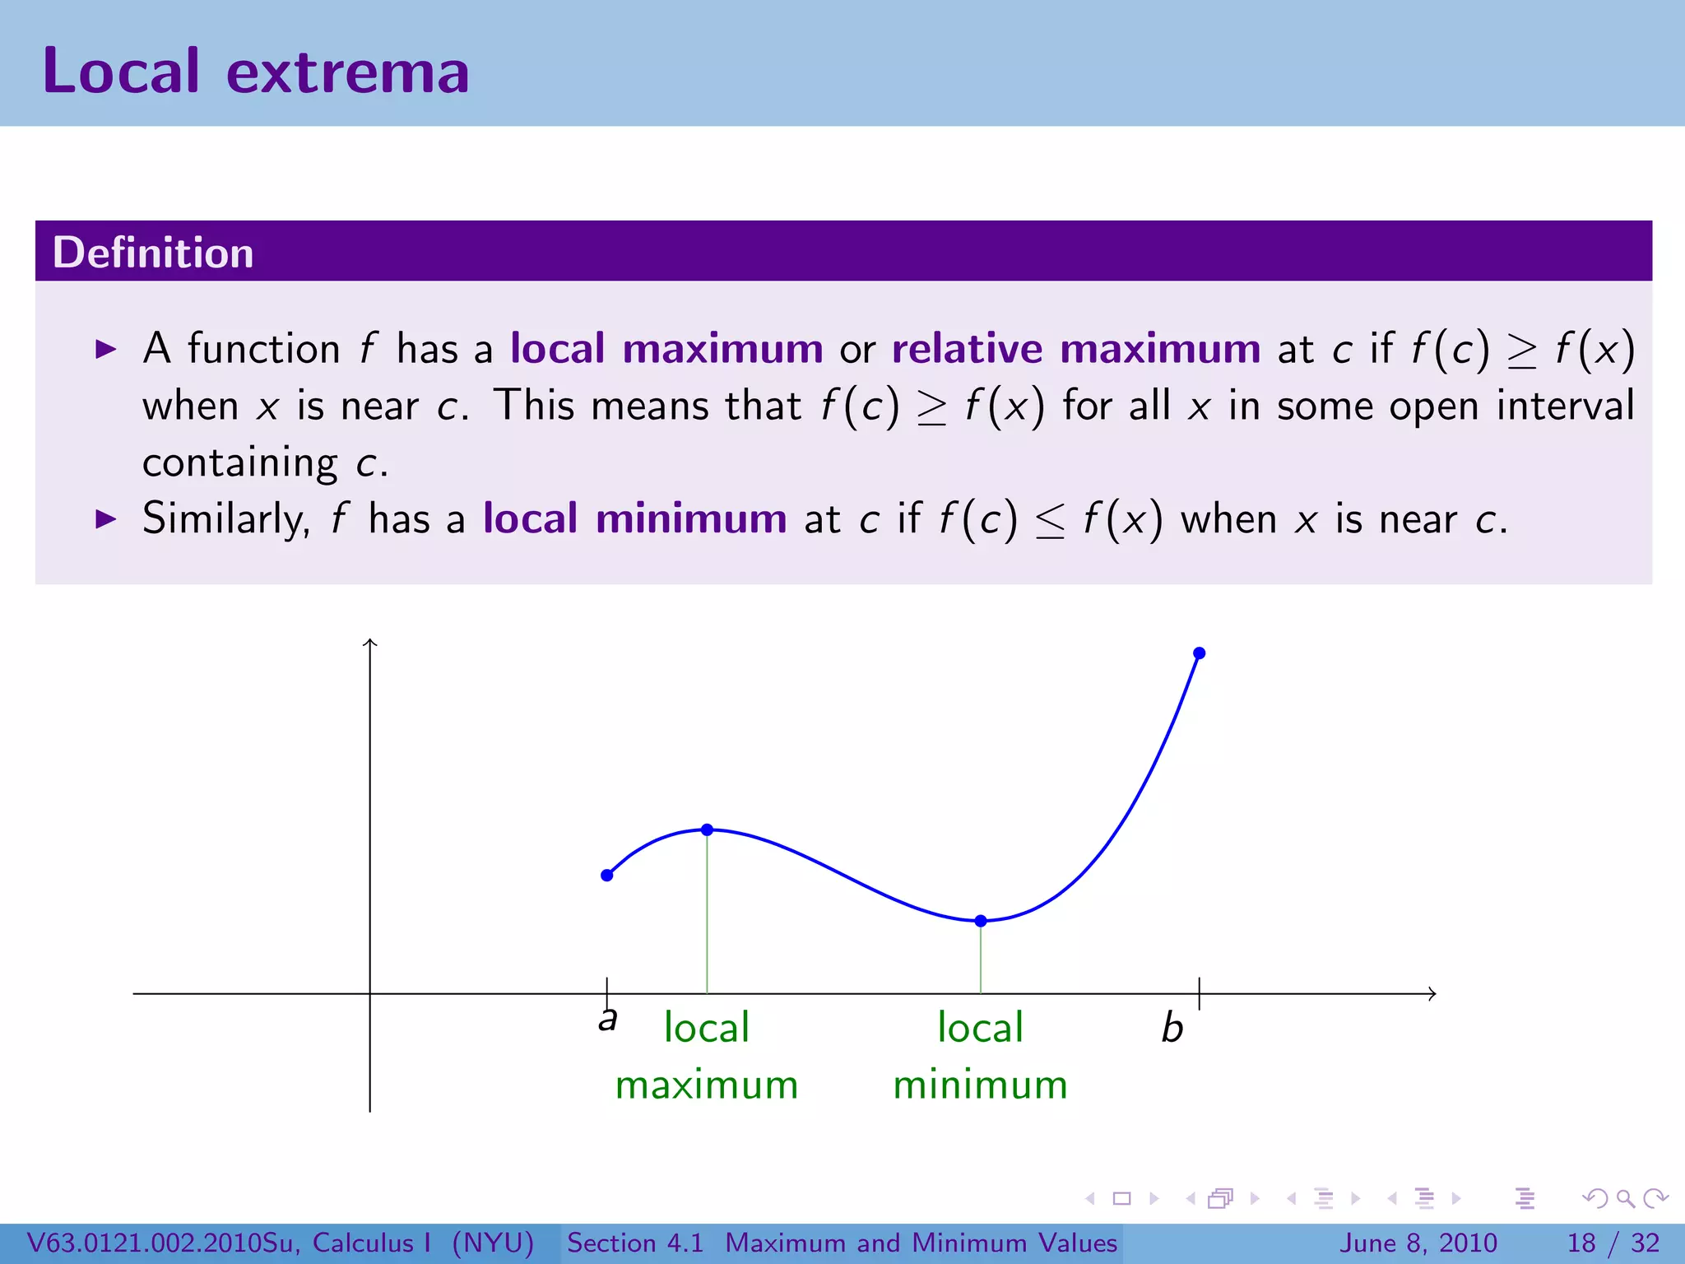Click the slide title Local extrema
[x=255, y=72]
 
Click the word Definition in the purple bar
[x=153, y=253]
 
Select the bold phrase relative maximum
[x=1075, y=349]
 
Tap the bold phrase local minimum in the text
[x=634, y=519]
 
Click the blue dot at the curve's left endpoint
[x=607, y=876]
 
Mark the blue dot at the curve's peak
[x=707, y=829]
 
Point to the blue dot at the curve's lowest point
[x=981, y=921]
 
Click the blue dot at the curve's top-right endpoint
[x=1200, y=653]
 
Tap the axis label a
[x=607, y=1020]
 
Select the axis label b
[x=1172, y=1029]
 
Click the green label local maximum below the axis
[x=707, y=1056]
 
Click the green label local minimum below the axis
[x=980, y=1056]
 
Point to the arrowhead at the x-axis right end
[x=1432, y=994]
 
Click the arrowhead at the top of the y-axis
[x=370, y=643]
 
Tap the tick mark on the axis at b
[x=1200, y=994]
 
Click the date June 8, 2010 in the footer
[x=1419, y=1243]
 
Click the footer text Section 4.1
[x=635, y=1243]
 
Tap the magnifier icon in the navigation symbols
[x=1625, y=1199]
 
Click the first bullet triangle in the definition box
[x=106, y=349]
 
